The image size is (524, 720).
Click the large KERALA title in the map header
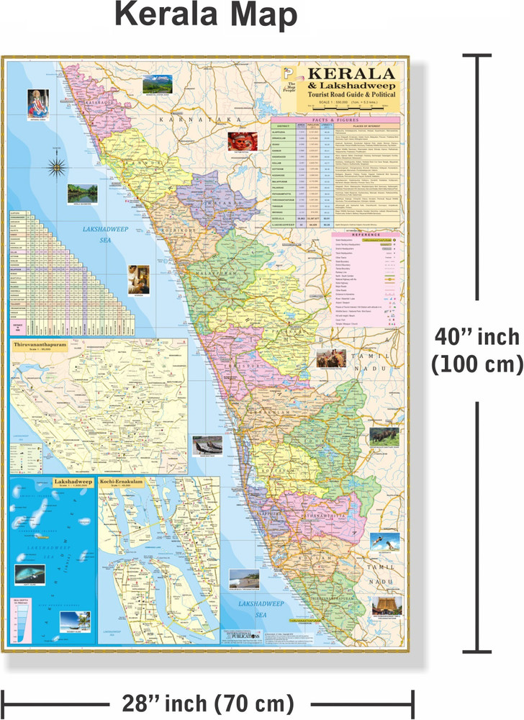click(x=351, y=73)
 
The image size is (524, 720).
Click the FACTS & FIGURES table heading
click(x=335, y=122)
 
